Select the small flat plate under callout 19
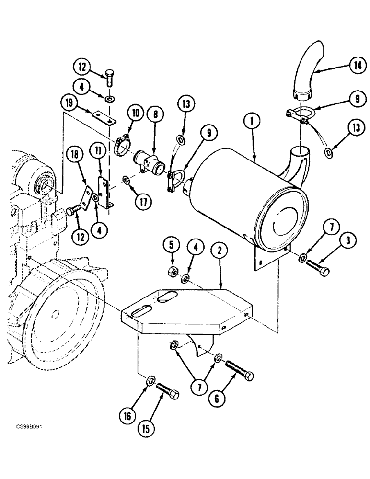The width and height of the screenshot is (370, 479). click(x=104, y=117)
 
